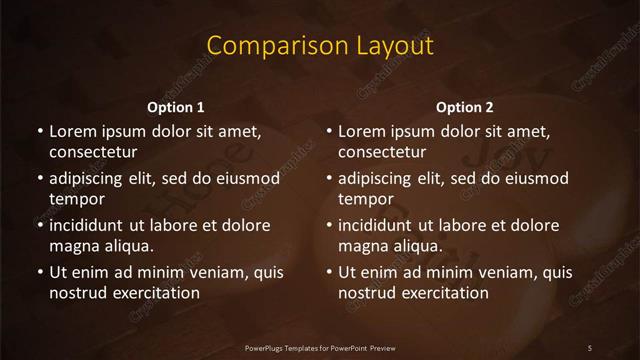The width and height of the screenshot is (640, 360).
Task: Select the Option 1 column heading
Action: [x=176, y=107]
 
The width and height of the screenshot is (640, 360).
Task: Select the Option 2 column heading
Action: [x=465, y=107]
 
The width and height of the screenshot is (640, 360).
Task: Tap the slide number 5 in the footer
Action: [x=590, y=347]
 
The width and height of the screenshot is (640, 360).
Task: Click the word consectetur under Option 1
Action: [x=93, y=152]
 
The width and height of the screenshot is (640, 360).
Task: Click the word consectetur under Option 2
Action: [x=383, y=152]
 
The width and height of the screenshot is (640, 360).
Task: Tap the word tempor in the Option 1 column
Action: [x=76, y=199]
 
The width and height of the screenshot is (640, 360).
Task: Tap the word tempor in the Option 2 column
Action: [x=366, y=199]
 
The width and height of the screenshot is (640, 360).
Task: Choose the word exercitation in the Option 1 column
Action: [x=153, y=293]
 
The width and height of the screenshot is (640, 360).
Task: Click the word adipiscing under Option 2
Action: [x=382, y=178]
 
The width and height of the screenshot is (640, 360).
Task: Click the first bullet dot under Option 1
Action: [x=39, y=132]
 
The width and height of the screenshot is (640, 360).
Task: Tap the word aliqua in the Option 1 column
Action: [x=129, y=246]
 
